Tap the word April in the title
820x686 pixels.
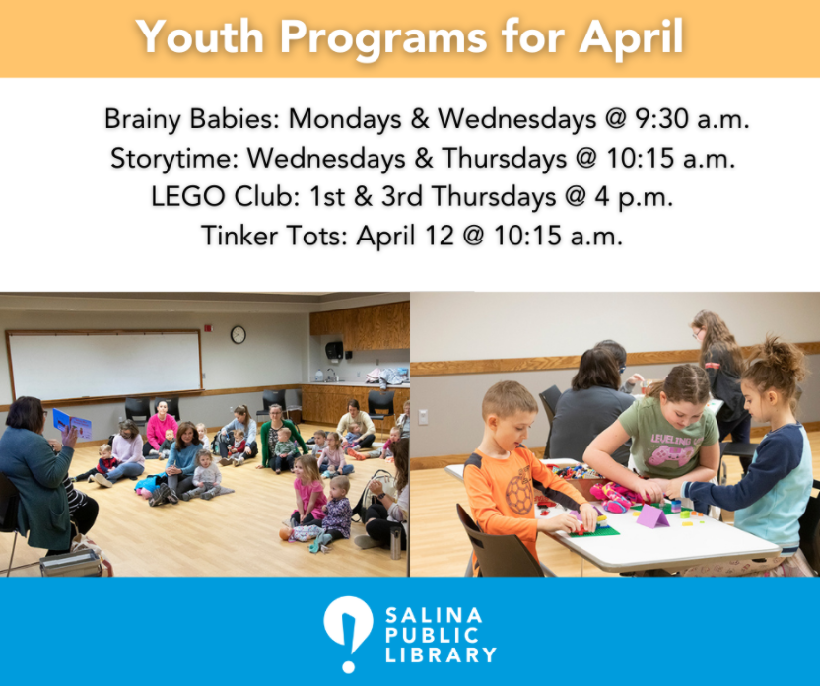click(x=632, y=38)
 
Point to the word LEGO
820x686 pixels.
click(x=181, y=196)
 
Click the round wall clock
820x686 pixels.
click(x=238, y=334)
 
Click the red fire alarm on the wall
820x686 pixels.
click(x=209, y=326)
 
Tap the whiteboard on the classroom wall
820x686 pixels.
click(x=104, y=364)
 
